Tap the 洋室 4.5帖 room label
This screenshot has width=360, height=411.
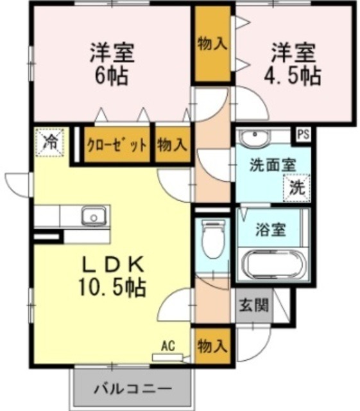pos(293,64)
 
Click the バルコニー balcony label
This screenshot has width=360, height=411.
pos(133,389)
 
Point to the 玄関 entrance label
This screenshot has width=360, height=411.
pos(250,305)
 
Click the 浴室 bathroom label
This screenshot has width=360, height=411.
pos(270,229)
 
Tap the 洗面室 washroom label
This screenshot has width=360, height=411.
pos(272,163)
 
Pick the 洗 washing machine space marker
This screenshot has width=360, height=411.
pos(296,188)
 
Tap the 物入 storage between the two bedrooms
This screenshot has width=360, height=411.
pos(212,44)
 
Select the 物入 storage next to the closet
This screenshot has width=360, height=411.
pos(171,144)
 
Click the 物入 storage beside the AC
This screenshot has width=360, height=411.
pos(212,347)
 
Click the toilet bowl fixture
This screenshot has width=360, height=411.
pos(212,240)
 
